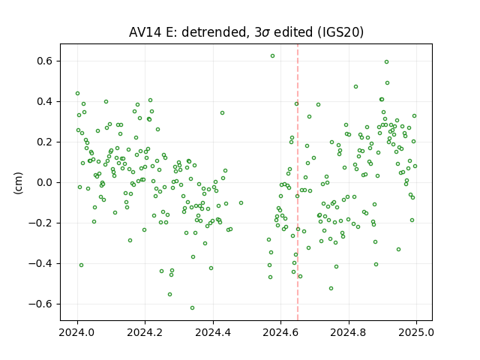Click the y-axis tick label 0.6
pos(44,61)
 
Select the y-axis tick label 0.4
pos(44,102)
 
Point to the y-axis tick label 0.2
pos(44,142)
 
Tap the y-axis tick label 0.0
pos(44,183)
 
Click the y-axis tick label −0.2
pos(40,223)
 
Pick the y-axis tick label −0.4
pos(40,263)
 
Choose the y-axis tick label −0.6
pos(40,304)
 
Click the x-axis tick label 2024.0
pos(77,332)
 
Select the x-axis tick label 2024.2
pos(145,332)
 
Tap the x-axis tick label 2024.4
pos(213,332)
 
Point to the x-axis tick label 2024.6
pos(280,332)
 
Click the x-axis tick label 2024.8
pos(348,332)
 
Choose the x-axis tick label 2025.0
pos(416,332)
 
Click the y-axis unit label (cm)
pos(18,183)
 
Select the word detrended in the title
pos(214,32)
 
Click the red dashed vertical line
pos(298,182)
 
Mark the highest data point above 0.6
pos(272,56)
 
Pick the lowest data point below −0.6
pos(192,308)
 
